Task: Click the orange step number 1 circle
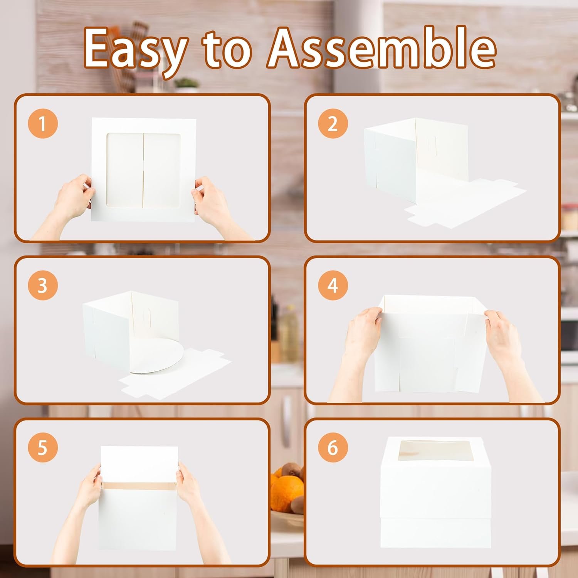tap(43, 124)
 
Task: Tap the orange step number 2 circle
tap(333, 124)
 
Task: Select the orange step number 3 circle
tap(43, 286)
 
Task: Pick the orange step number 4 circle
tap(333, 286)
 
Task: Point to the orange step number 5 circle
tap(43, 448)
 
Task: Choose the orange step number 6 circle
tap(333, 448)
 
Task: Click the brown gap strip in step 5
tap(140, 485)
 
